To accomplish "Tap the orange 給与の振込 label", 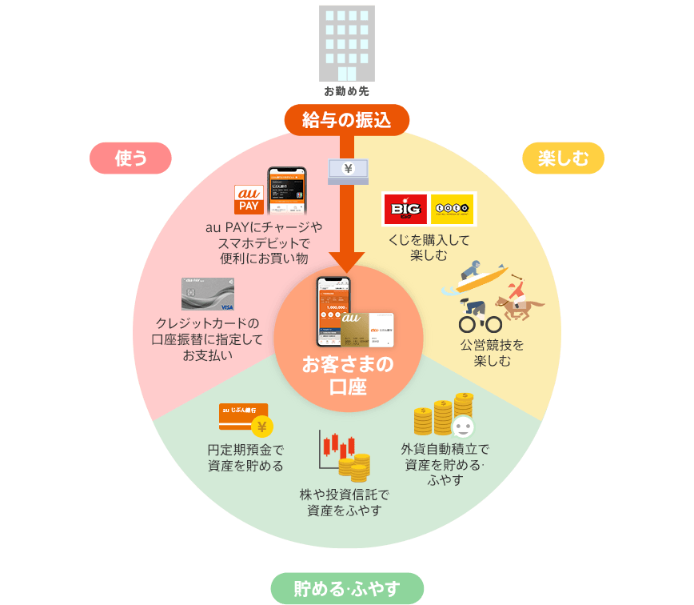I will coord(346,120).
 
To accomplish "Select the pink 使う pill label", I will coord(130,158).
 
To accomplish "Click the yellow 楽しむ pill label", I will coord(563,158).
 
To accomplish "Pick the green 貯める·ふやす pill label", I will coord(347,589).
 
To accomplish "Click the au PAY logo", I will coord(249,200).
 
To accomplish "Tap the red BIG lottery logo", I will coord(405,210).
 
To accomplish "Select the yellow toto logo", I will coord(453,210).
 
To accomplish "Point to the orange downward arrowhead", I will coord(347,262).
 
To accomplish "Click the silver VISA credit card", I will coord(207,294).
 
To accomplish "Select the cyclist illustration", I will coord(479,315).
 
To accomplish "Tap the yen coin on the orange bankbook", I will coord(261,426).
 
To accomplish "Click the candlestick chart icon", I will coord(335,448).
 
